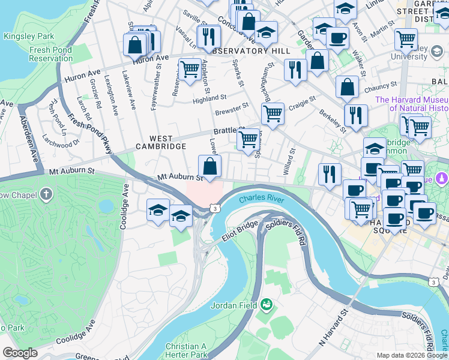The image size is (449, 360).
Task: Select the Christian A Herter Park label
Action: (186, 350)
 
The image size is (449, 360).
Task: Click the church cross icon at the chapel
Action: (46, 195)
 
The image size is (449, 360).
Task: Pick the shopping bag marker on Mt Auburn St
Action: (210, 166)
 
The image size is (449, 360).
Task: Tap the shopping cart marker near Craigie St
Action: (273, 113)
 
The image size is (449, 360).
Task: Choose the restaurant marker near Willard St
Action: (329, 174)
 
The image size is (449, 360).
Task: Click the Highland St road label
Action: (209, 98)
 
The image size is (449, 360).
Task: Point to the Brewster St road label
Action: (232, 108)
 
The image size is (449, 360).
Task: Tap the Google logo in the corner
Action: (20, 353)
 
